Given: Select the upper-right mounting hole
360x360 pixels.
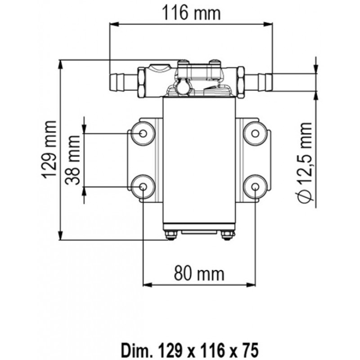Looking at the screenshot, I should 255,133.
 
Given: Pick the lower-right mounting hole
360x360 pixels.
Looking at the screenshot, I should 255,187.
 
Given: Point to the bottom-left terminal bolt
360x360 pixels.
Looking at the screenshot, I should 171,235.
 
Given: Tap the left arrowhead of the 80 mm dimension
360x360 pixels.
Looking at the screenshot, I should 146,284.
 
